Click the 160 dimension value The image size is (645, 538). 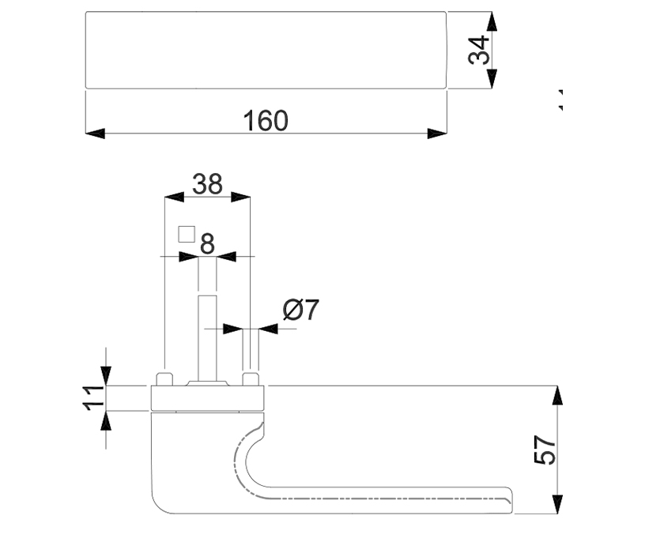266,121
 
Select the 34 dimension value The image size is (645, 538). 479,50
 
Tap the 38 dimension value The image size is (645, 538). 207,184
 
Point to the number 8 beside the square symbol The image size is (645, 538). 207,243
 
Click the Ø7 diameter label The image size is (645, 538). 300,310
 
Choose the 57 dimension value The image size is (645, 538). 545,450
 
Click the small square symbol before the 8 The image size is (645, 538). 186,233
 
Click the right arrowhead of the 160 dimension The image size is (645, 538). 437,133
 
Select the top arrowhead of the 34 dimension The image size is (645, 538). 492,21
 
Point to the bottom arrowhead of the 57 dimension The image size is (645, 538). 557,504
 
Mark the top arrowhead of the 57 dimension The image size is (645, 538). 557,396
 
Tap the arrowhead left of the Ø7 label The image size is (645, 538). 231,328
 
